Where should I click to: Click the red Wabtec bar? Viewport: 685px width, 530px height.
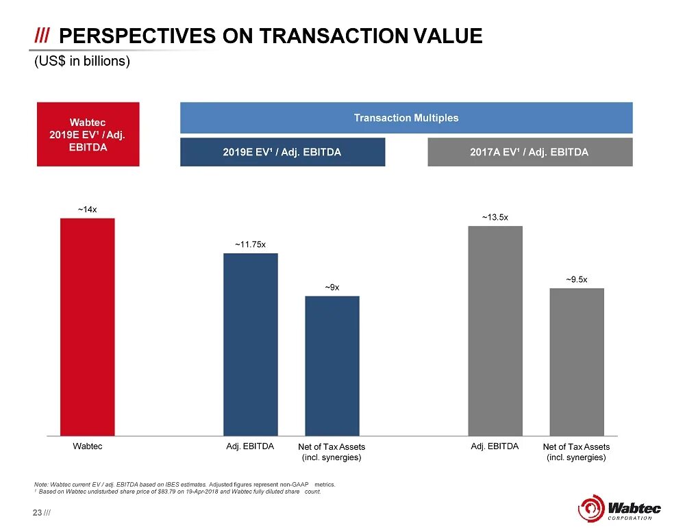pos(87,327)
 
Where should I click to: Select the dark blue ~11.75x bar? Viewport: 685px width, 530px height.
pos(250,344)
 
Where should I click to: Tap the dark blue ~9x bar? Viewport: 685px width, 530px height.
pos(332,365)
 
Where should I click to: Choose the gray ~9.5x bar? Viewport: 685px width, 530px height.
pos(576,361)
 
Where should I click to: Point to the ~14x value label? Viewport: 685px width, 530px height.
pos(87,210)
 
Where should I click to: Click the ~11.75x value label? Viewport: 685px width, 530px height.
pos(250,244)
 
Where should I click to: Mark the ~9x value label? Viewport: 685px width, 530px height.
pos(332,287)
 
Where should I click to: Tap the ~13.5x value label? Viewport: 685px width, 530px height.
pos(495,217)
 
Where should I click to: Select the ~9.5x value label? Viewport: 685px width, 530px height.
pos(576,279)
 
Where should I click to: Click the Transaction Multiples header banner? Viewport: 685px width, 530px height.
pos(406,118)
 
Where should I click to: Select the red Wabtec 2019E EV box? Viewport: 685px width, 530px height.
pos(88,134)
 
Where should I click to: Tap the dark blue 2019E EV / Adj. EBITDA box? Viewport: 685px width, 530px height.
pos(282,152)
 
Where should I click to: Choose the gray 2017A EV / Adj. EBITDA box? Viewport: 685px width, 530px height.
pos(530,152)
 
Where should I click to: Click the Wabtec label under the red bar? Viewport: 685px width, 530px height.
pos(87,446)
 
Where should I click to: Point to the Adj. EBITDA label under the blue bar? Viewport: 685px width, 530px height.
pos(250,446)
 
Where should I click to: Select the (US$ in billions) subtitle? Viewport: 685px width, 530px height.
pos(82,62)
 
